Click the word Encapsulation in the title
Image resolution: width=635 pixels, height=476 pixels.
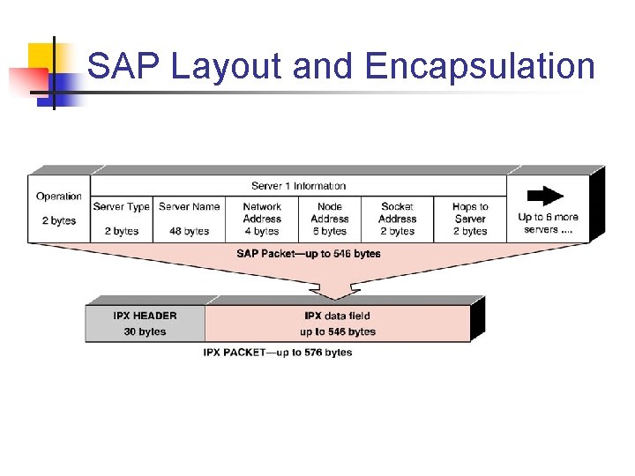(x=480, y=67)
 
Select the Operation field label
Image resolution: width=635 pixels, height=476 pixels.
(x=59, y=197)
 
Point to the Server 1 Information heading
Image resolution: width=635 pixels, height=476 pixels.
(x=298, y=186)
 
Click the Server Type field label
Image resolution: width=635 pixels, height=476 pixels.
(x=122, y=207)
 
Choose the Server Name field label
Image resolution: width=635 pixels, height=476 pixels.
(x=190, y=207)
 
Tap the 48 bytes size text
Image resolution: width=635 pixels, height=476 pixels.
(x=190, y=231)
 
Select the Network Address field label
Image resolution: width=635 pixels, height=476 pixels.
(x=262, y=212)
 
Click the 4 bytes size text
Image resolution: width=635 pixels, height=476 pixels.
(x=262, y=231)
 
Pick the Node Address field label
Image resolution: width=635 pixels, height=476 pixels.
(x=330, y=212)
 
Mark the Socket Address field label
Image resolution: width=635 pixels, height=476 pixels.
(x=398, y=212)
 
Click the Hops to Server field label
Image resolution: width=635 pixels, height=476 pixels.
(x=470, y=212)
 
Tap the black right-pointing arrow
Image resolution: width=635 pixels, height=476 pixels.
(x=550, y=196)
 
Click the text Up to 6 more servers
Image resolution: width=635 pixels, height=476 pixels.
(x=548, y=223)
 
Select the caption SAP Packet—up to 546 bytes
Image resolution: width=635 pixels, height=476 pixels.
(x=308, y=254)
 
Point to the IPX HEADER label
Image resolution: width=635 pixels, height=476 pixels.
(x=145, y=316)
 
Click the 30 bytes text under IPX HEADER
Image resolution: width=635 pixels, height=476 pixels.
(x=145, y=331)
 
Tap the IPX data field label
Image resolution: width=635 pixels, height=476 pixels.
(x=337, y=316)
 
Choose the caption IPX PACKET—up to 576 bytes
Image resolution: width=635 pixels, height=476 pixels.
(x=277, y=353)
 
